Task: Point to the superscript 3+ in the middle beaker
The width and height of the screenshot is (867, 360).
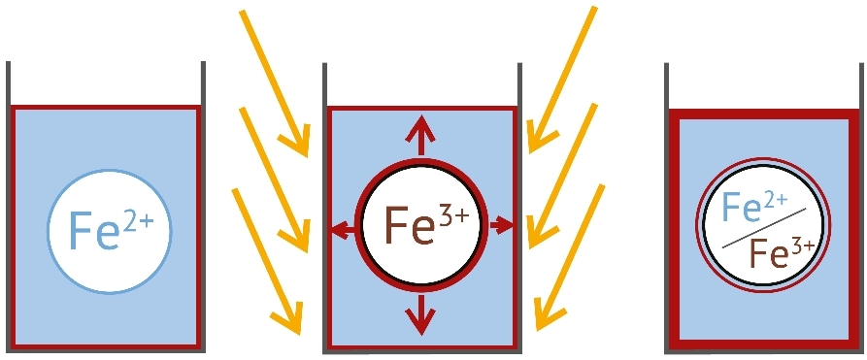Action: coord(453,215)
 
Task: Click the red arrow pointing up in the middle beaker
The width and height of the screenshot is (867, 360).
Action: coord(419,134)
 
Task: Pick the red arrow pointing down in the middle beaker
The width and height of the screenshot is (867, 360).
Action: coord(419,313)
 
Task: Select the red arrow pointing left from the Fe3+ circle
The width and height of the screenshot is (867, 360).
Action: coord(341,230)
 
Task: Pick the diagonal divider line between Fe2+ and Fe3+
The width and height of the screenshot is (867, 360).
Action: coord(767,232)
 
